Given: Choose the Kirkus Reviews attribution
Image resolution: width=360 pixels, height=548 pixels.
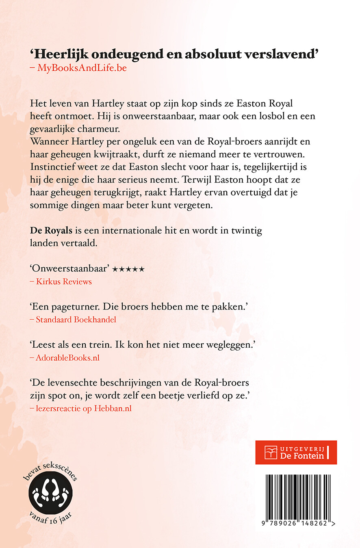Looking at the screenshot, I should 64,282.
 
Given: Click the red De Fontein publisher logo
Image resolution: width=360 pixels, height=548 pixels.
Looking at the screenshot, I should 296,452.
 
